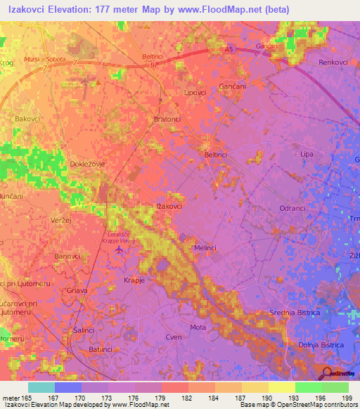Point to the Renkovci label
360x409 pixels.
click(x=333, y=63)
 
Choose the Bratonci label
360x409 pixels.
click(x=167, y=119)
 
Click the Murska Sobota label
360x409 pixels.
click(x=45, y=59)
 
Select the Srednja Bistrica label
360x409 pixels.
click(x=295, y=312)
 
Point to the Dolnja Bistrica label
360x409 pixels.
click(x=320, y=345)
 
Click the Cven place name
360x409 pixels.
click(x=173, y=337)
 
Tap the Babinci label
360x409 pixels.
click(x=101, y=349)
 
